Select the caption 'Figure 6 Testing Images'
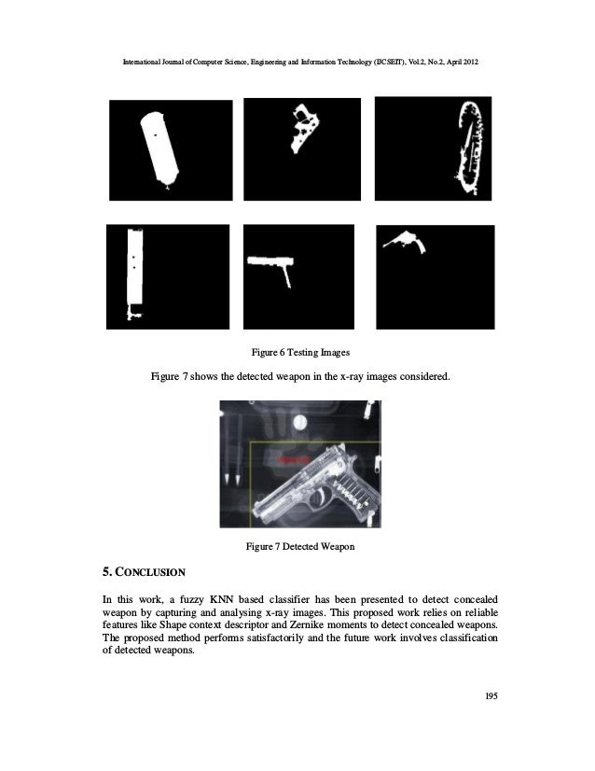click(297, 353)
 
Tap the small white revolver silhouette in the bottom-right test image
click(408, 241)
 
